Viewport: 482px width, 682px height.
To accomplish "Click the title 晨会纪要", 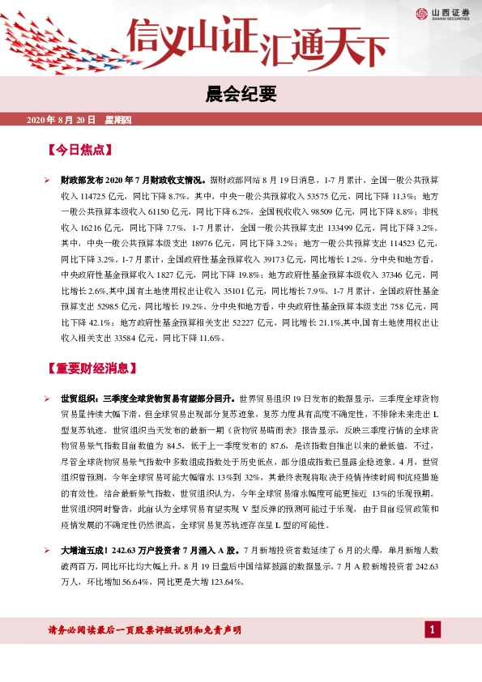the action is (x=241, y=95).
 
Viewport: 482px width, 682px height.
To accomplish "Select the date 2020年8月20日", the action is (x=62, y=121).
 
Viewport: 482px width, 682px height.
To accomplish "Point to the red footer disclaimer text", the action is (x=146, y=630).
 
